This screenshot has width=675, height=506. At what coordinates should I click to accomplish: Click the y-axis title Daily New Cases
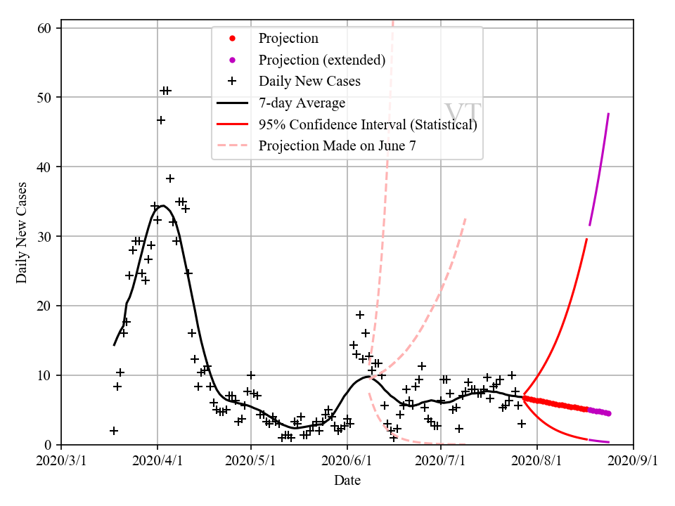22,233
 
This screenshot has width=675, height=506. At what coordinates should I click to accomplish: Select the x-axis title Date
347,481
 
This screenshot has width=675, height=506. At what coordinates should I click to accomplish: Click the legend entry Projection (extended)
321,60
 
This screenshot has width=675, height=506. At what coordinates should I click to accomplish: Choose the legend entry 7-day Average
302,103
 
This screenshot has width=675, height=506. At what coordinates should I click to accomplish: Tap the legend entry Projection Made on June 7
341,146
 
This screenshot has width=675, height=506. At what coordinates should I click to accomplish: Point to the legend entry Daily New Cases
309,82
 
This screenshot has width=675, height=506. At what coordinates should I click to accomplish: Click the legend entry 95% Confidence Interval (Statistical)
368,125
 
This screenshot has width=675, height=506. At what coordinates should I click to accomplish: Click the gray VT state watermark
462,113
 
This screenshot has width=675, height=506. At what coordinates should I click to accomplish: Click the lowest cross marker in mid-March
114,431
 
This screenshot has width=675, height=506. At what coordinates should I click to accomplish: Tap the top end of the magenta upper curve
608,113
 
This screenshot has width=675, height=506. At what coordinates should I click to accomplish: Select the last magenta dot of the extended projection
608,413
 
